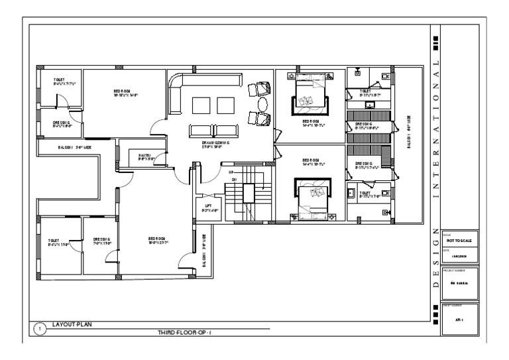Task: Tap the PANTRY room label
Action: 146,157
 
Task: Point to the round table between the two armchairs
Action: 262,105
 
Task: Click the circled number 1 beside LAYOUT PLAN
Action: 39,328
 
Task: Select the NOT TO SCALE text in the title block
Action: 458,242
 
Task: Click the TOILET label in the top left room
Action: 60,81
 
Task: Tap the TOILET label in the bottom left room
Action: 54,241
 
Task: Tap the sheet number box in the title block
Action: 458,318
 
